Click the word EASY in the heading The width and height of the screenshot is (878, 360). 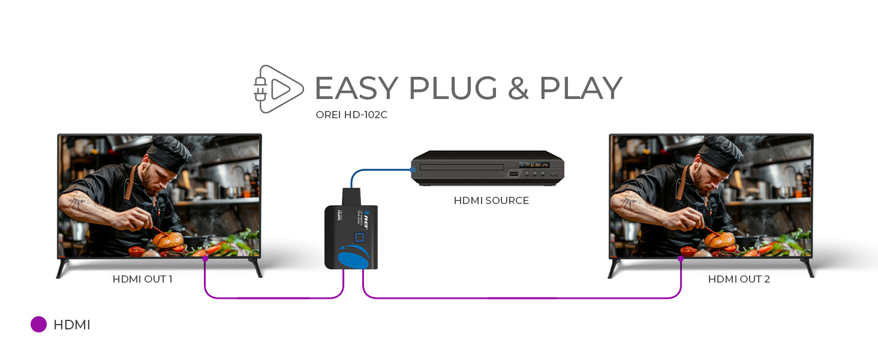click(x=356, y=89)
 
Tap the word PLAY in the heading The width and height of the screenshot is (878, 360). click(x=580, y=89)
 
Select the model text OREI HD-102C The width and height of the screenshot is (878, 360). click(x=351, y=115)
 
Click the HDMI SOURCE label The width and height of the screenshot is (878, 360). click(x=491, y=200)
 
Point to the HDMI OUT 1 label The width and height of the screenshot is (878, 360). click(x=143, y=279)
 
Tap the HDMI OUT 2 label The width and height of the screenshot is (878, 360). click(x=739, y=279)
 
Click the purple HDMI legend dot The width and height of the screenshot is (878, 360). click(x=38, y=325)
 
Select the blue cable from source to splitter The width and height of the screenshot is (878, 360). click(x=378, y=170)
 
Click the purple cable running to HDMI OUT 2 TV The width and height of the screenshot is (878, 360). click(x=522, y=298)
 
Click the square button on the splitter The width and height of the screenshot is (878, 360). click(x=359, y=238)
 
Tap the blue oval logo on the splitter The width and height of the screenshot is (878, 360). click(x=353, y=259)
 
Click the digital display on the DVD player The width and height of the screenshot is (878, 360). click(x=533, y=164)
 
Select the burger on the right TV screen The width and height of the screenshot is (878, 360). click(x=719, y=240)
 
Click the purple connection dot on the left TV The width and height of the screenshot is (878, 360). click(x=205, y=258)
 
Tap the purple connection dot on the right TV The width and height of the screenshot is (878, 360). click(x=680, y=258)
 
